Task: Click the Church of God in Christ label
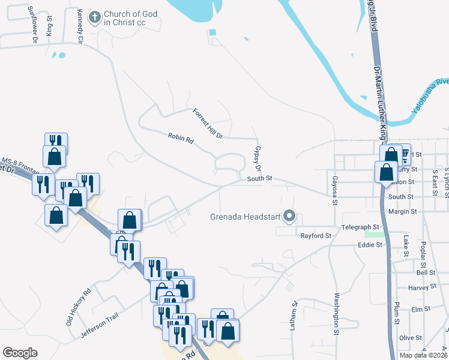[x=131, y=18]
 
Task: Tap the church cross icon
[x=95, y=18]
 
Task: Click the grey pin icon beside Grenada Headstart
[x=290, y=216]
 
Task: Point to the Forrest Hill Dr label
[x=208, y=124]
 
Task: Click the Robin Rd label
[x=181, y=139]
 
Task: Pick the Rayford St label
[x=316, y=236]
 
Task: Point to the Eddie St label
[x=370, y=245]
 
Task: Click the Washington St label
[x=337, y=313]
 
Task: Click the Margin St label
[x=402, y=211]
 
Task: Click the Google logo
[x=20, y=353]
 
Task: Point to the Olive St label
[x=411, y=338]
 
